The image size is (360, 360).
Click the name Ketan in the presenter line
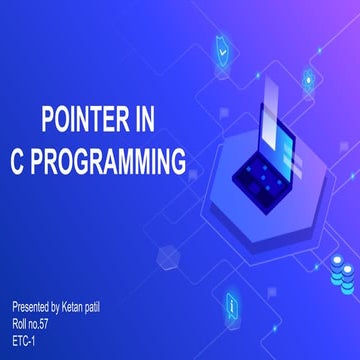pyautogui.click(x=87, y=302)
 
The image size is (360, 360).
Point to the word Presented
pyautogui.click(x=33, y=302)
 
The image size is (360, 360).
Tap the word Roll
pyautogui.click(x=20, y=318)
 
